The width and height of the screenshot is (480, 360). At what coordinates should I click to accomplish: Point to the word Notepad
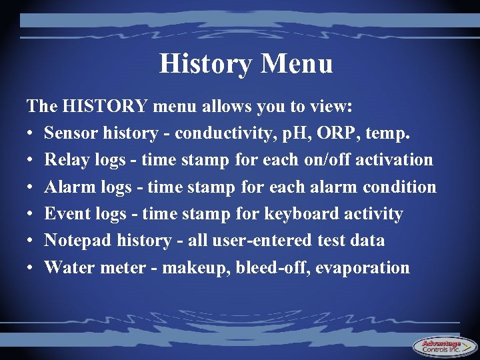click(77, 241)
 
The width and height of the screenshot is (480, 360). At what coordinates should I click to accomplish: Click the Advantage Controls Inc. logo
click(441, 347)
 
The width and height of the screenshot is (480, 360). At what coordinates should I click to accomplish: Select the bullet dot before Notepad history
click(31, 241)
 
